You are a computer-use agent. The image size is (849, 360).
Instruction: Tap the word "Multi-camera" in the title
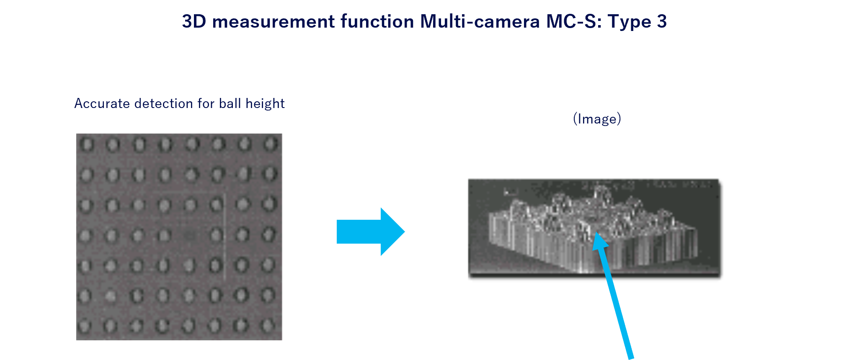click(x=480, y=21)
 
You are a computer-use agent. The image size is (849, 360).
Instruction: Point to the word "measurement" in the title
click(x=274, y=21)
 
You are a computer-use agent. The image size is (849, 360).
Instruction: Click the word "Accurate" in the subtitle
click(x=102, y=103)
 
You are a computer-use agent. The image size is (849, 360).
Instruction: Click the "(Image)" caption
click(x=597, y=119)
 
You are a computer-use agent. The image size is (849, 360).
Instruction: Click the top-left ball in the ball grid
click(x=87, y=145)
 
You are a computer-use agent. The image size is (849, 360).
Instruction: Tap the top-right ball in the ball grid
click(x=271, y=144)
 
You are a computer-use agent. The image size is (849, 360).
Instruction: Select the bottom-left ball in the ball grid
click(x=85, y=326)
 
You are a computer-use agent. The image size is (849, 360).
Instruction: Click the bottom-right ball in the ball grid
click(x=267, y=325)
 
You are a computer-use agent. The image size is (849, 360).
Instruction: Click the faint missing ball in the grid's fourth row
click(x=190, y=235)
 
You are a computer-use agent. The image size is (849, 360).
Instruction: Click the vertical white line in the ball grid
click(x=225, y=237)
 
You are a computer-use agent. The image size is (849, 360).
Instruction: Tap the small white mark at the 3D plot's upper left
click(x=511, y=192)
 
